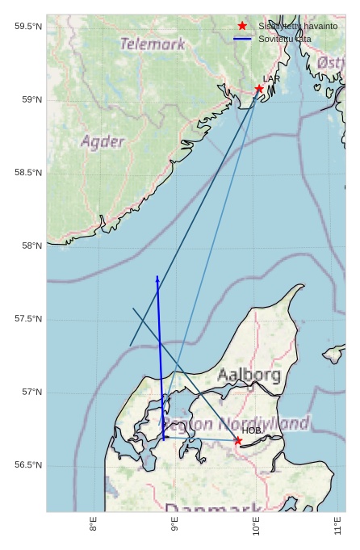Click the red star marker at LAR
click(x=259, y=89)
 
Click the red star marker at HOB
click(x=237, y=440)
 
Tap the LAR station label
click(x=271, y=79)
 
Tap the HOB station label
click(x=252, y=430)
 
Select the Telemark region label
click(x=153, y=44)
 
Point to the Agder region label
click(x=103, y=142)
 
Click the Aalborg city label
click(x=249, y=375)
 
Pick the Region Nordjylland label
click(x=235, y=423)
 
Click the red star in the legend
click(x=242, y=27)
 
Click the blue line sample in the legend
click(x=242, y=39)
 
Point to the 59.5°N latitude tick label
click(x=28, y=27)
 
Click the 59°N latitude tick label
click(x=31, y=100)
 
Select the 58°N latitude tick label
click(x=31, y=246)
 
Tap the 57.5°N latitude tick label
click(x=28, y=319)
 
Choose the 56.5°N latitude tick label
click(x=28, y=465)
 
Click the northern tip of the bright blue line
click(x=157, y=277)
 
